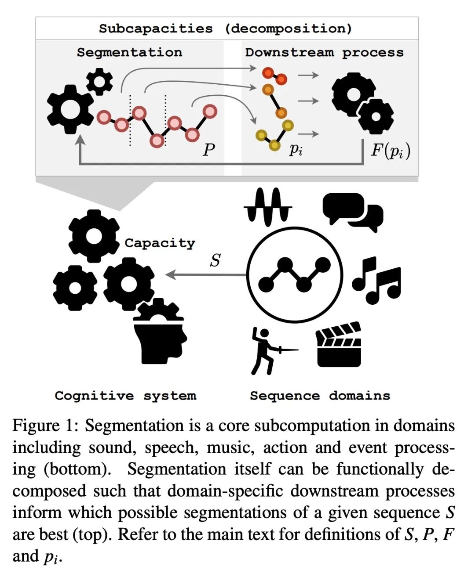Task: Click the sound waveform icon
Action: [268, 206]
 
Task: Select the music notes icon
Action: [376, 280]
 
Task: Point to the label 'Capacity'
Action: [160, 243]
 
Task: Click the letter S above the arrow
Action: [215, 260]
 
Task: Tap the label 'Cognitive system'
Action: [125, 396]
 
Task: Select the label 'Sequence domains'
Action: [320, 396]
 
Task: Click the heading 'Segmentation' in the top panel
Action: [129, 52]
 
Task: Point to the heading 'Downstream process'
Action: [324, 52]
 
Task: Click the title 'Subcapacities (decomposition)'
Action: [226, 29]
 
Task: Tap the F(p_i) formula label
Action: [391, 151]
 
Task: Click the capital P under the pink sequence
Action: [209, 150]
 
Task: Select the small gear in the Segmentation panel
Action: [99, 82]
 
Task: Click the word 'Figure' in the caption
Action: [36, 426]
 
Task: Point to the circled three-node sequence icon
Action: [294, 275]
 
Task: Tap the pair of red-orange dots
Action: [275, 76]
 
